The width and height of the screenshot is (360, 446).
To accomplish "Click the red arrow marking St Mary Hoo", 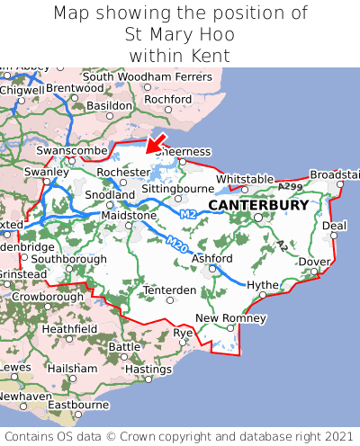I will click(x=156, y=142).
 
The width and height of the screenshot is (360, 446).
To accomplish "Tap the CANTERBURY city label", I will click(x=258, y=205).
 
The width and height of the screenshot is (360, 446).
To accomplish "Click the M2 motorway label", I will click(x=187, y=214).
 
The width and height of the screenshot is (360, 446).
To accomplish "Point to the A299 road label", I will click(x=290, y=186).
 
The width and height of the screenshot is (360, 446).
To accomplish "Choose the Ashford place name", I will click(x=212, y=258).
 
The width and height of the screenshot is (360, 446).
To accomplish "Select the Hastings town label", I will click(x=148, y=369).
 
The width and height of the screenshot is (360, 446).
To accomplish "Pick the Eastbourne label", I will click(x=77, y=405).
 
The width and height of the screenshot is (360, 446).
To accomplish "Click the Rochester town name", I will click(x=122, y=171).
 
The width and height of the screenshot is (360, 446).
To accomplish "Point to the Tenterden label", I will click(x=170, y=290).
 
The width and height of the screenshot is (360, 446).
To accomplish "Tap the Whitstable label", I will click(x=245, y=179).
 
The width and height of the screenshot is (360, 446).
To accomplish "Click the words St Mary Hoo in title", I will click(x=180, y=35).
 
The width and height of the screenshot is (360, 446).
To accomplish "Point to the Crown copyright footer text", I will click(x=180, y=435).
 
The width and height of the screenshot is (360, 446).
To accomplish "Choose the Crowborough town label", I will click(x=48, y=296).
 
